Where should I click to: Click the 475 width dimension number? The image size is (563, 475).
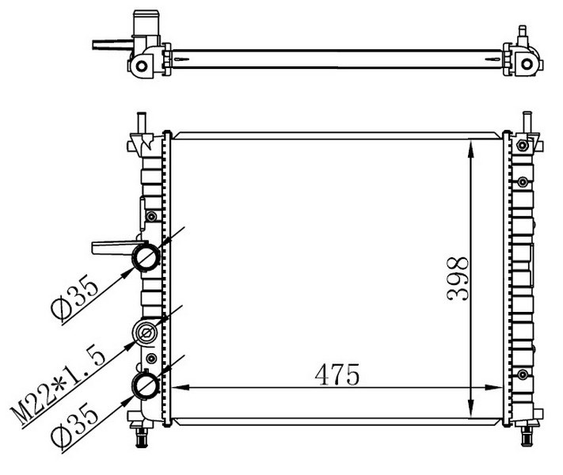pos(337,374)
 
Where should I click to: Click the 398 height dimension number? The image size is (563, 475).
pos(458,279)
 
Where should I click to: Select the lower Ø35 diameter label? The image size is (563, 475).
pos(74,425)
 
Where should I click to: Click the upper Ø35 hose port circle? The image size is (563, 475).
pos(146,257)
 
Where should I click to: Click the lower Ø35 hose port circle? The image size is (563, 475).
pos(146,385)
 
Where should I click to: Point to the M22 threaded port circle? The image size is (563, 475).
pos(146,332)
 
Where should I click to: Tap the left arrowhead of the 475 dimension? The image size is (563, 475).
pos(181,387)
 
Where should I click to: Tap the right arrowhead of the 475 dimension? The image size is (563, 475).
pos(493,387)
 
